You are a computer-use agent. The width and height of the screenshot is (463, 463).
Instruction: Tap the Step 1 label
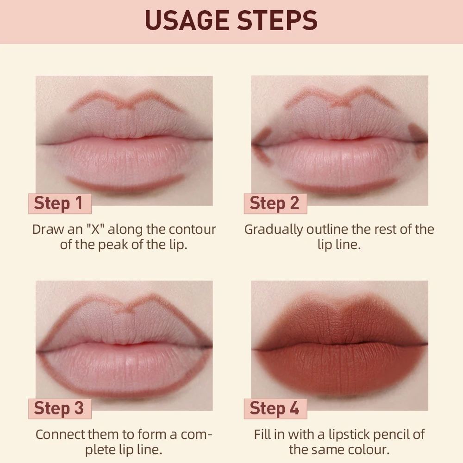[59, 203]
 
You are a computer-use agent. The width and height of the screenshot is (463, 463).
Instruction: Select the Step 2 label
[275, 203]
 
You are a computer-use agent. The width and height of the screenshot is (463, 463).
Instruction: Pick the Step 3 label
[59, 408]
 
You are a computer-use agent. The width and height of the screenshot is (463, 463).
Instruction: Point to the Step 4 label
[275, 408]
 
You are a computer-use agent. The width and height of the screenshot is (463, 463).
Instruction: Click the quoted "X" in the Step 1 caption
[96, 229]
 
